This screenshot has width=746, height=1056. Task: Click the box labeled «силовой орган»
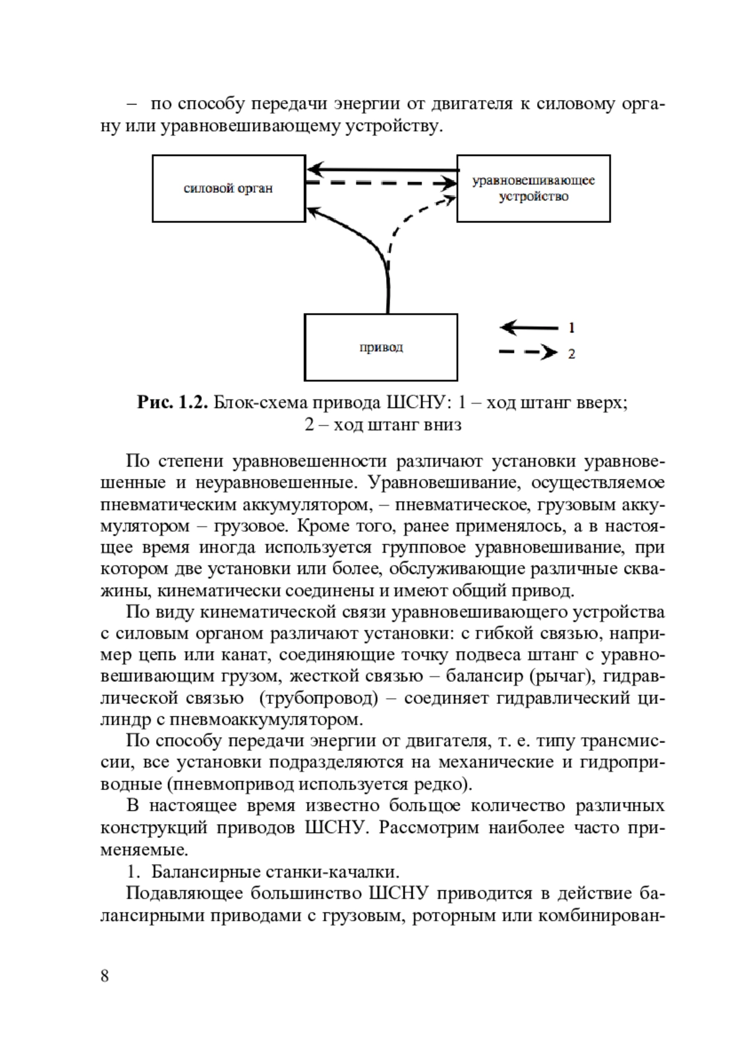pyautogui.click(x=228, y=188)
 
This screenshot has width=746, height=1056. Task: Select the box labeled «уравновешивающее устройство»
pyautogui.click(x=533, y=188)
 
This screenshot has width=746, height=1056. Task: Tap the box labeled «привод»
pyautogui.click(x=380, y=347)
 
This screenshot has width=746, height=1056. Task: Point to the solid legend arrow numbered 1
pyautogui.click(x=529, y=327)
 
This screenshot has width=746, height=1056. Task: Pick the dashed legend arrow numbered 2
pyautogui.click(x=529, y=353)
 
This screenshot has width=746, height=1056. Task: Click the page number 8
pyautogui.click(x=104, y=975)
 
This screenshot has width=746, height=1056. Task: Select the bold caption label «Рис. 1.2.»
pyautogui.click(x=172, y=403)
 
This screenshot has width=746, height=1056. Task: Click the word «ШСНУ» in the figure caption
pyautogui.click(x=416, y=403)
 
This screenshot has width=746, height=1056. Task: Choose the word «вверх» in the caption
pyautogui.click(x=599, y=403)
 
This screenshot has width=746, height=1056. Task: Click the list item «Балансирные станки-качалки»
pyautogui.click(x=275, y=870)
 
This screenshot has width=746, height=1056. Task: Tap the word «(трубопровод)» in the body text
pyautogui.click(x=318, y=698)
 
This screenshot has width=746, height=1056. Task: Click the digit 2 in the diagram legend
pyautogui.click(x=571, y=354)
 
